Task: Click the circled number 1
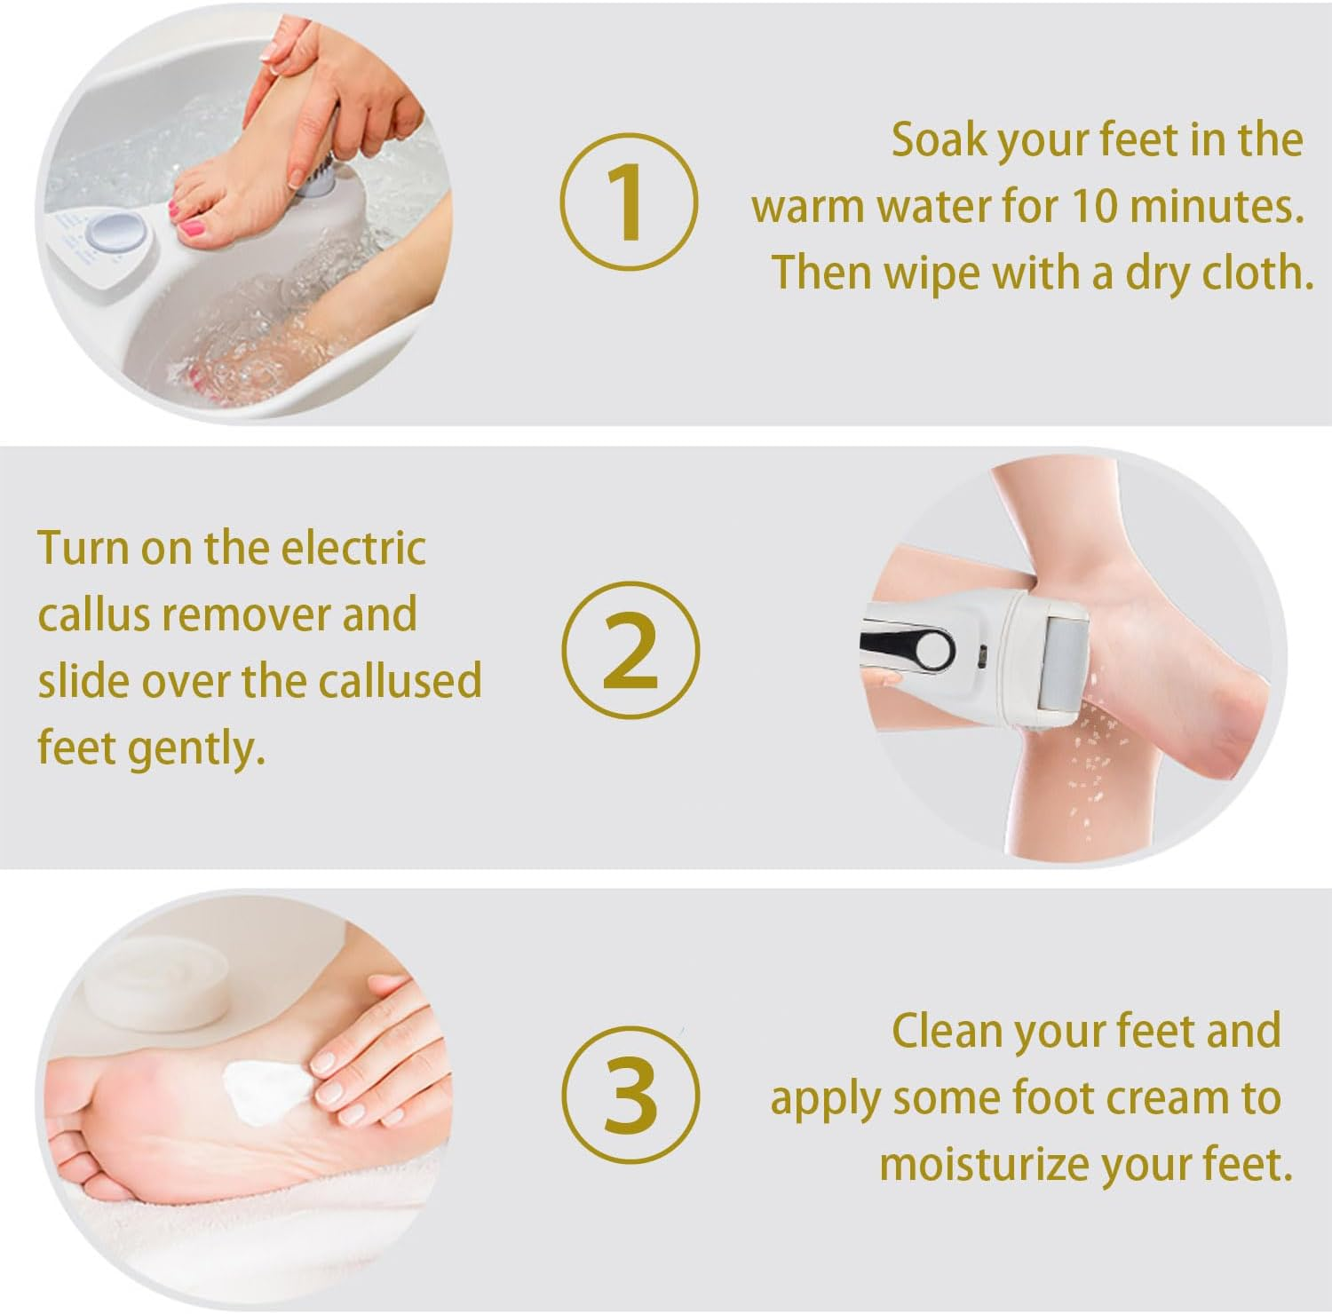coord(628,202)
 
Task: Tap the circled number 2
coord(630,651)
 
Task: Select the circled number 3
coord(630,1095)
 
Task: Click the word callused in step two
coord(399,681)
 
